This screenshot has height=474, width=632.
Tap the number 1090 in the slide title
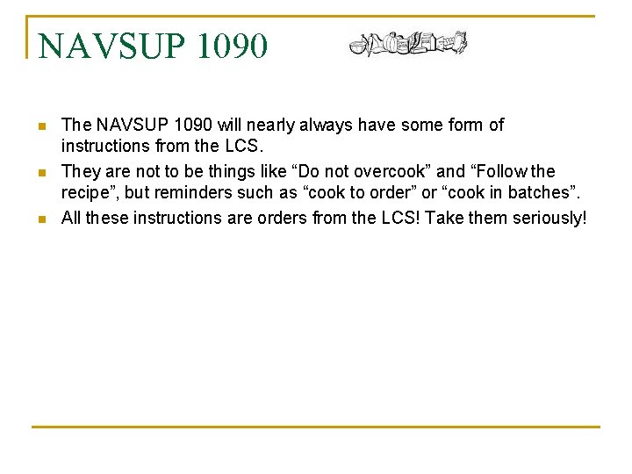pyautogui.click(x=233, y=47)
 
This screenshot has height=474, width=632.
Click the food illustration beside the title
pyautogui.click(x=407, y=42)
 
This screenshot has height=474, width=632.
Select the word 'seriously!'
pyautogui.click(x=549, y=217)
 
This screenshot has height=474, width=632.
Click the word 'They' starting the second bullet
pyautogui.click(x=80, y=171)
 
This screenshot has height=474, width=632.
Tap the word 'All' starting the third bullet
pyautogui.click(x=71, y=217)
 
